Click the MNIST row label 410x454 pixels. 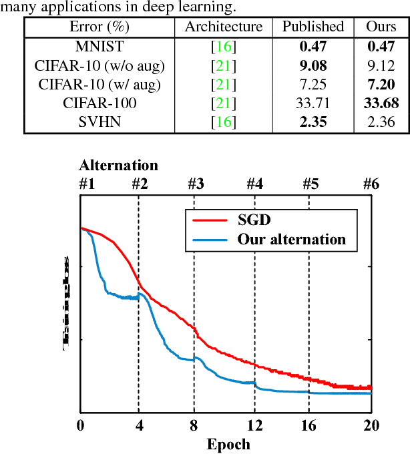tap(99, 47)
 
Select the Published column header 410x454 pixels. tap(313, 27)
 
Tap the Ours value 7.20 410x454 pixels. tap(381, 84)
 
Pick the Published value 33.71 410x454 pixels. tap(313, 103)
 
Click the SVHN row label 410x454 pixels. tap(99, 122)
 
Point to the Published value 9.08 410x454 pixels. tap(313, 65)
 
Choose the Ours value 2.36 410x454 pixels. tap(381, 122)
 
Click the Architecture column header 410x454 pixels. tap(224, 27)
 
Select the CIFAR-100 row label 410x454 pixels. tap(99, 103)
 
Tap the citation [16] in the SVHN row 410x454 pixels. tap(224, 122)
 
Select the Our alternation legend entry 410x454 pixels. tap(292, 239)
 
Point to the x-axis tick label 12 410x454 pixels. tap(254, 427)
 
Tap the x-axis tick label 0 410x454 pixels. tap(81, 427)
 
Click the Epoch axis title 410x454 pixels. tap(228, 444)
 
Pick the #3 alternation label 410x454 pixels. tap(195, 184)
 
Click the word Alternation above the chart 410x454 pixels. tap(119, 166)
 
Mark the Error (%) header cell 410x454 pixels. tap(99, 27)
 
